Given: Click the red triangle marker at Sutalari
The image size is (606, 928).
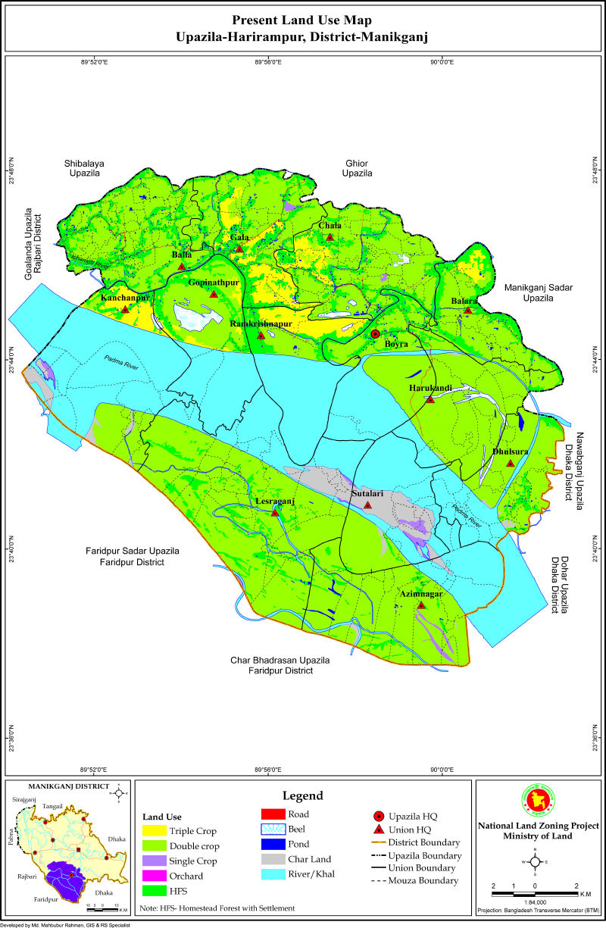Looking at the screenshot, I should (367, 505).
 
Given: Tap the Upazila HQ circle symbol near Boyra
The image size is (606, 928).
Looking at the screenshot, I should (375, 334).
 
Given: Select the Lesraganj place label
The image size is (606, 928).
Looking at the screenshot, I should (273, 501).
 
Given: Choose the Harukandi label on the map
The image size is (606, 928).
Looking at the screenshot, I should (430, 389).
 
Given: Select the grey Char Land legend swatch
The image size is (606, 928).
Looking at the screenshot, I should (271, 859).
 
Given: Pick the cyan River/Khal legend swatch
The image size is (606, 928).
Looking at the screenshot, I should (271, 874).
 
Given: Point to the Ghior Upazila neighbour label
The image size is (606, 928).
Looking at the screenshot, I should (357, 168).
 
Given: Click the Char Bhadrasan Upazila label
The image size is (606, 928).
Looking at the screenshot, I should (280, 666).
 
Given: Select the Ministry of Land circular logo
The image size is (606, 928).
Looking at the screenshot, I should (536, 801).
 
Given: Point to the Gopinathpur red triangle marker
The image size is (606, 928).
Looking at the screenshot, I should (214, 294).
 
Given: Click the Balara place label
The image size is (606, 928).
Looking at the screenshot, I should (464, 301).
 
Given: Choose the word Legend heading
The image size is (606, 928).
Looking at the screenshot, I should (303, 795).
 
